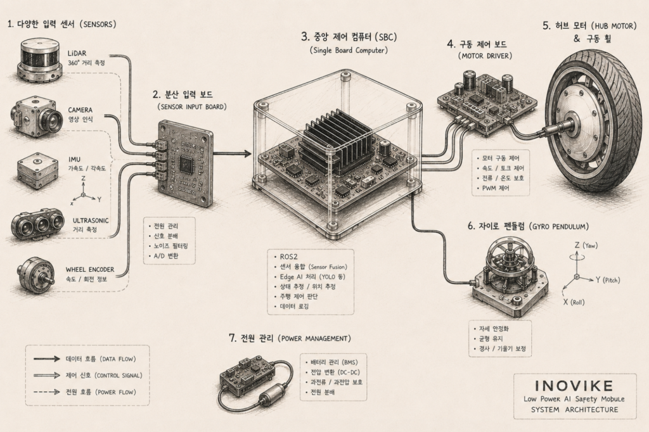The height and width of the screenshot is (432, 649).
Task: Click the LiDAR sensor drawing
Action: tap(39, 61)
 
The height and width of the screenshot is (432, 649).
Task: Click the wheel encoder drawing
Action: tap(36, 272)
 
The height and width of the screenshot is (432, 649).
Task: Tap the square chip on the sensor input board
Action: tap(184, 165)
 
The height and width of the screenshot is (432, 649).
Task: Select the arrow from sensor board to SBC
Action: tap(232, 153)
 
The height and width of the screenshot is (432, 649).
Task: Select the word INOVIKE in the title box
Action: tap(574, 386)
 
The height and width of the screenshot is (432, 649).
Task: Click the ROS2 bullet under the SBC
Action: tap(288, 257)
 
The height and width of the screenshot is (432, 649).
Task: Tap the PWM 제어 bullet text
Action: tap(496, 188)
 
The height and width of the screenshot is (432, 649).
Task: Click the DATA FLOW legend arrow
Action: tap(47, 359)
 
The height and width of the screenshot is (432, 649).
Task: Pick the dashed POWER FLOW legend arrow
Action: tap(47, 392)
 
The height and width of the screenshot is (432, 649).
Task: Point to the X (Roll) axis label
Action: tap(574, 302)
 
